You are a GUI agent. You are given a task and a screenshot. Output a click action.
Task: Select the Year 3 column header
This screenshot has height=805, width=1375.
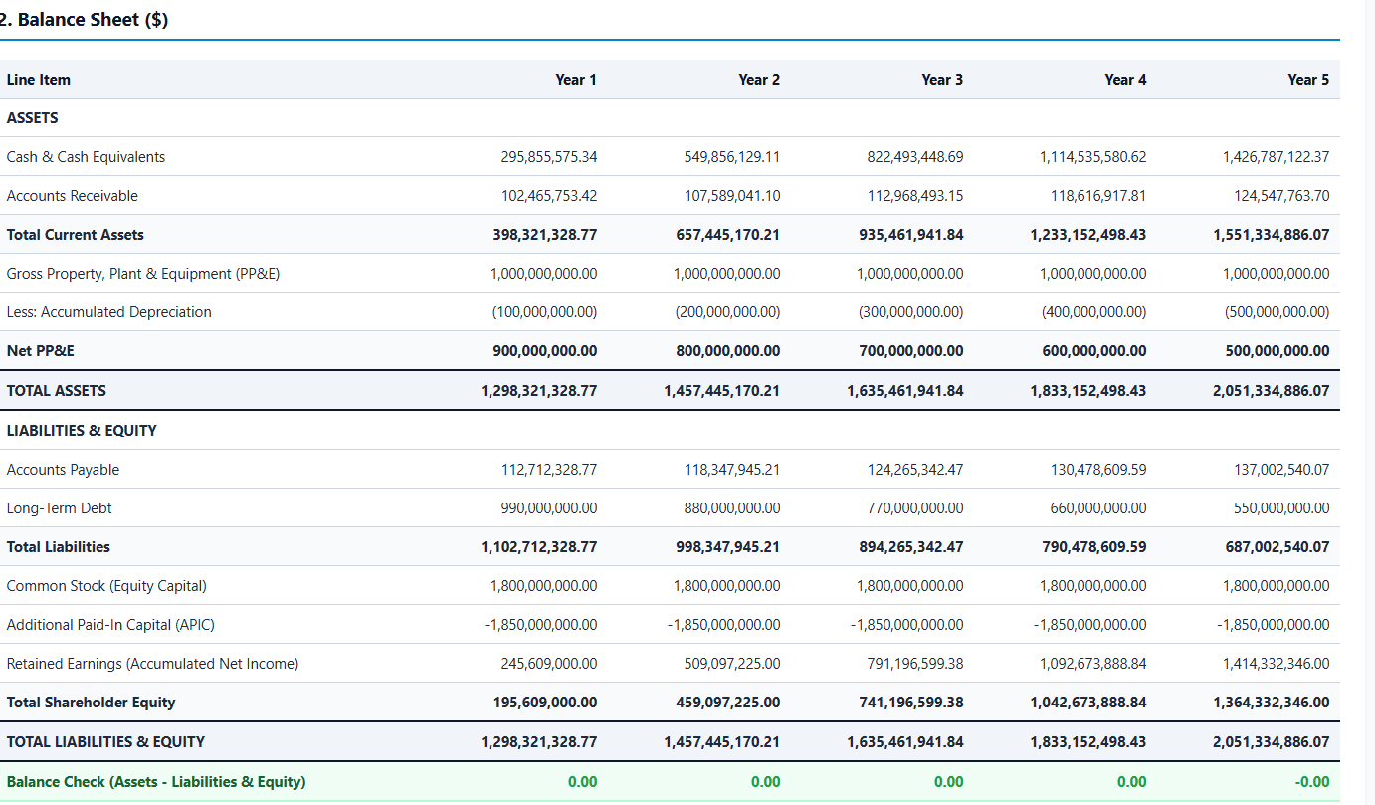click(941, 80)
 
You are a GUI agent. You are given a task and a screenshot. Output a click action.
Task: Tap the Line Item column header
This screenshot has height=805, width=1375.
click(38, 80)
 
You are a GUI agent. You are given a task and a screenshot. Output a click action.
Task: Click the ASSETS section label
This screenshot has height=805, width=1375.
click(32, 117)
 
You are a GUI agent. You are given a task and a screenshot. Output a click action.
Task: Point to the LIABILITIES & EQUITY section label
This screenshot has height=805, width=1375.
click(82, 431)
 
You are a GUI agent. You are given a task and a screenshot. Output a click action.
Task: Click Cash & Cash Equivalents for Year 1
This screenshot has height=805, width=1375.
click(549, 157)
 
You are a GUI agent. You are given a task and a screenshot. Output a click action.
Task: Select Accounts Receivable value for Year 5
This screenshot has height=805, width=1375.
click(1281, 196)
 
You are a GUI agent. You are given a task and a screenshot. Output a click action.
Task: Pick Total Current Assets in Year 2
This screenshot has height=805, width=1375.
click(727, 235)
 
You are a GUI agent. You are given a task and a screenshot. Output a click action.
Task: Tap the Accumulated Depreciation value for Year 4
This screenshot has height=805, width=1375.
click(1093, 311)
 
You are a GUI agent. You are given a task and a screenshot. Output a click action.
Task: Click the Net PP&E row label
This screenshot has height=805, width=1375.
click(40, 350)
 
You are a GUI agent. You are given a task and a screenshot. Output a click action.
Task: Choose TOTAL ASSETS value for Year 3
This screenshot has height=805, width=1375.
click(904, 390)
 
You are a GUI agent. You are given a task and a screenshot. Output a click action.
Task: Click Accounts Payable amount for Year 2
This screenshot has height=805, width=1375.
click(732, 470)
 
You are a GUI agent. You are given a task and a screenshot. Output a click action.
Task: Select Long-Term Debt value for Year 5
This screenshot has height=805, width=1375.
click(1281, 508)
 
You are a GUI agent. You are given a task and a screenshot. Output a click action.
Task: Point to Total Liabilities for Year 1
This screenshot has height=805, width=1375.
click(538, 547)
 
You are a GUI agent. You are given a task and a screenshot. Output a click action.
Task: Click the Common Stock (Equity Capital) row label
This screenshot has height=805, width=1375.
click(106, 586)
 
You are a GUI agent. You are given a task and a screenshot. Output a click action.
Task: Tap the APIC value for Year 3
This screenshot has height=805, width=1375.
click(906, 625)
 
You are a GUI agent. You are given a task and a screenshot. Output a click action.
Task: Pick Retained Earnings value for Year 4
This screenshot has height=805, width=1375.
click(1092, 663)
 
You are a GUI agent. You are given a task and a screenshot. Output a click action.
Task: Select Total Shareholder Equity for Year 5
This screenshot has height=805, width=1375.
click(1272, 702)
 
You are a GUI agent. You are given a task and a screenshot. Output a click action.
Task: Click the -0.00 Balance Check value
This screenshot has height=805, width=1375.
click(1312, 782)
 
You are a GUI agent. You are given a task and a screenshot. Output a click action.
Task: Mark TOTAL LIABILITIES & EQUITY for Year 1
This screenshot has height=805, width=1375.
click(538, 741)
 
